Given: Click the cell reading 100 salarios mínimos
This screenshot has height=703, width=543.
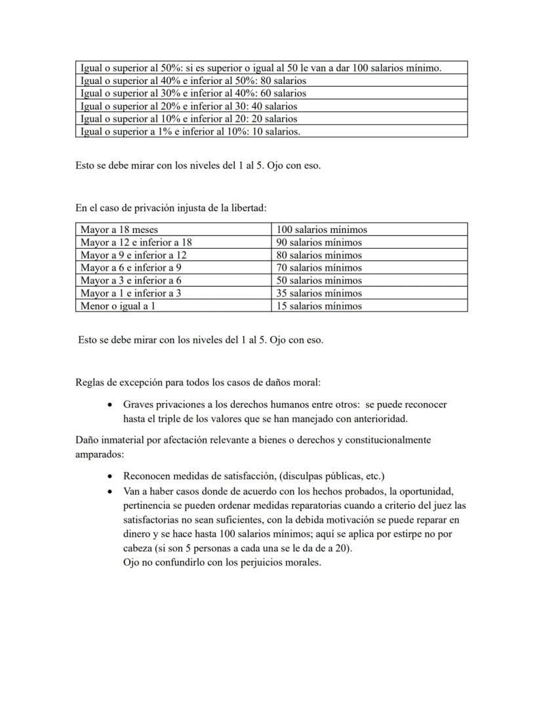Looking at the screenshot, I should click(369, 230).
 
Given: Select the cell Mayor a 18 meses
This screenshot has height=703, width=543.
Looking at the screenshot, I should click(173, 230).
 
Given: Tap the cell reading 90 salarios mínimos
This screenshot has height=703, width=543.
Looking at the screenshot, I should click(369, 242).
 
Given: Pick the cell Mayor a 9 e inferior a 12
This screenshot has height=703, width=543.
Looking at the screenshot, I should click(173, 255).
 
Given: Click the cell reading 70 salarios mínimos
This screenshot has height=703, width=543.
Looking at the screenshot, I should click(369, 268).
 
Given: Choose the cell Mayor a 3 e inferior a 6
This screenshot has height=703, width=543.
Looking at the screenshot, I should click(173, 280).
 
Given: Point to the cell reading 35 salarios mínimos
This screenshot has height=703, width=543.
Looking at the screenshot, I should click(369, 293).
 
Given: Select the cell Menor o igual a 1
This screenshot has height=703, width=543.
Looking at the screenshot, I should click(173, 306).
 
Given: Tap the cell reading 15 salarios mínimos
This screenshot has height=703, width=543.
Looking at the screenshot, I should click(369, 306).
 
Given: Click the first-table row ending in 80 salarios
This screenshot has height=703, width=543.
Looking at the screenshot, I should click(271, 81).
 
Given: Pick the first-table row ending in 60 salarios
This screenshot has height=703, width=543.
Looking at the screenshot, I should click(271, 93).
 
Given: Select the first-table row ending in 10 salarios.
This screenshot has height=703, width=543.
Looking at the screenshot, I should click(271, 131).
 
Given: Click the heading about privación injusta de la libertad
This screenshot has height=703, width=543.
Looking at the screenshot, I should click(171, 208).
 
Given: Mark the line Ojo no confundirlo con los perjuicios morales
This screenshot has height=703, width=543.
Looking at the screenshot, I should click(222, 563).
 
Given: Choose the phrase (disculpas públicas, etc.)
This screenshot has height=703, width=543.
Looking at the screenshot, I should click(330, 476).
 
